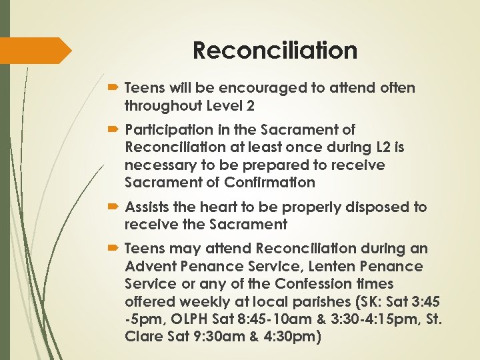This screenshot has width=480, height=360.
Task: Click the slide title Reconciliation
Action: (275, 51)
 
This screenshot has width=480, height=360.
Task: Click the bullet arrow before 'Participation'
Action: (114, 129)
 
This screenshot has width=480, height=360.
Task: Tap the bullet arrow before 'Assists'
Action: (114, 207)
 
